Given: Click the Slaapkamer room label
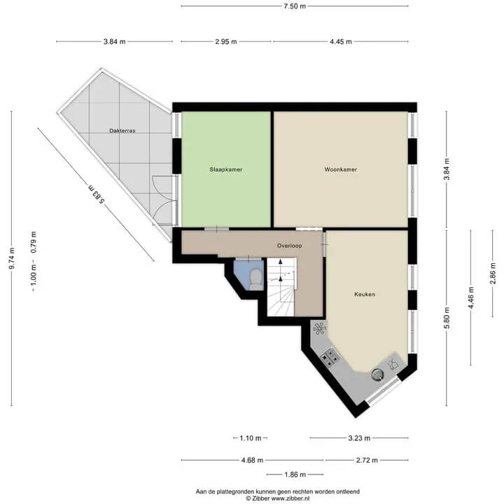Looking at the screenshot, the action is (226, 169).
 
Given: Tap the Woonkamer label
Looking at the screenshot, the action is (341, 169).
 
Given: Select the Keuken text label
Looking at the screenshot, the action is (365, 294).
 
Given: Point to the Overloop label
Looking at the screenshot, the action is (289, 246).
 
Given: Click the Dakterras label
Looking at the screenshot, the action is (122, 131).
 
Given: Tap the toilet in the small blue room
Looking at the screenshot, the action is (256, 279).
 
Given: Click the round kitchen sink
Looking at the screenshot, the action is (378, 374).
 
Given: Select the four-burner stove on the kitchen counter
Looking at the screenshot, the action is (330, 357).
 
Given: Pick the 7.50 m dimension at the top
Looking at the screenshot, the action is (295, 6).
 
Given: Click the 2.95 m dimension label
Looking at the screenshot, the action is (226, 41).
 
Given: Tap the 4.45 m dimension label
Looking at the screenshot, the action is (341, 41).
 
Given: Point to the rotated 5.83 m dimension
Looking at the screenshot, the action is (97, 194).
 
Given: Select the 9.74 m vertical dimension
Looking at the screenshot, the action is (12, 258).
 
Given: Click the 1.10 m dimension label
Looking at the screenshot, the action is (251, 437).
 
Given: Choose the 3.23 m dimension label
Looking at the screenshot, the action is (359, 437).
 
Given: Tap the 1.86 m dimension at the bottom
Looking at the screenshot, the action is (295, 475).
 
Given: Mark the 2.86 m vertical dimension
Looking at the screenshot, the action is (492, 274).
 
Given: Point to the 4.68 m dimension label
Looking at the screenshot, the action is (252, 461).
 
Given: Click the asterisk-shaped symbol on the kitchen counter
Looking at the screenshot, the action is (319, 328).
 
